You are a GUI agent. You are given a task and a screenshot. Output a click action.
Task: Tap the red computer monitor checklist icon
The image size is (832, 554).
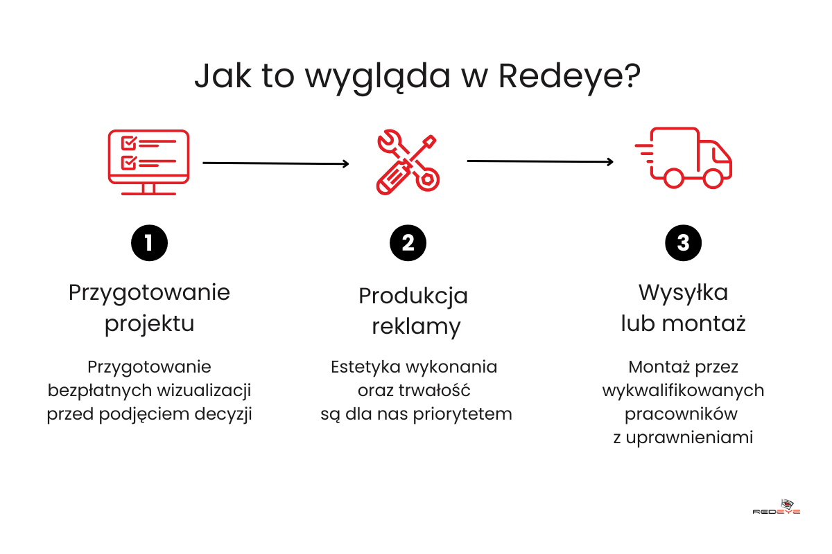tap(148, 162)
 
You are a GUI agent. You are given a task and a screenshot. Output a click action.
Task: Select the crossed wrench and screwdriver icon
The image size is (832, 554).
tap(408, 163)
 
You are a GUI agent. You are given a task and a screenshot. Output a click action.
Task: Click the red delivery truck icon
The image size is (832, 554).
tap(684, 158)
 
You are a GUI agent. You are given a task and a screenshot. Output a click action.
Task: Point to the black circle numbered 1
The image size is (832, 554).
tap(149, 242)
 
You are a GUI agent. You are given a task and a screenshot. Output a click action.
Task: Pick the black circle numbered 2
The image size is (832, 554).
tap(408, 242)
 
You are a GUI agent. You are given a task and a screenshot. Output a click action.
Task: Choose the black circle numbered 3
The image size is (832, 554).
tap(683, 242)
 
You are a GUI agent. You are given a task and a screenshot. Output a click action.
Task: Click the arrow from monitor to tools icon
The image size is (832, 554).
tap(275, 163)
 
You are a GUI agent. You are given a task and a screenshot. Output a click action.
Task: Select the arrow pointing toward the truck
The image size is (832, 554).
tap(540, 161)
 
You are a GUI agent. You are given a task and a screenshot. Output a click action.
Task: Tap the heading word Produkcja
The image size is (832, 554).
tap(413, 296)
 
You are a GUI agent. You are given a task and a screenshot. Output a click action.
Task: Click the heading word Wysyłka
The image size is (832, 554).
tap(683, 293)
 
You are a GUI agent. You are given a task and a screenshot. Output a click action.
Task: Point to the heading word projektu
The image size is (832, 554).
tap(149, 324)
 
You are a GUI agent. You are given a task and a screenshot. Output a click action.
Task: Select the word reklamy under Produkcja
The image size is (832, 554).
tap(416, 327)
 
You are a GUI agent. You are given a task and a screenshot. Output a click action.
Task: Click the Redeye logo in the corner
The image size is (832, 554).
tap(777, 507)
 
